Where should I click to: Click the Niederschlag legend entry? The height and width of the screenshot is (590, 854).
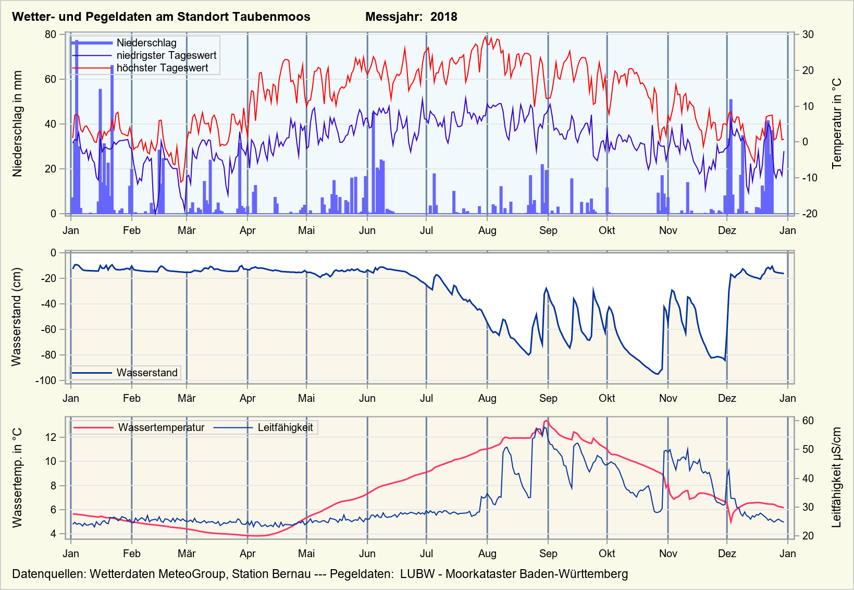[146, 43]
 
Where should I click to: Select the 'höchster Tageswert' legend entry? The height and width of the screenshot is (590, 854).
[162, 68]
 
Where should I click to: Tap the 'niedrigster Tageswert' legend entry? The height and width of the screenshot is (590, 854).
[166, 56]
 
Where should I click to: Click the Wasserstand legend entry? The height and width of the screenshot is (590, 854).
[147, 373]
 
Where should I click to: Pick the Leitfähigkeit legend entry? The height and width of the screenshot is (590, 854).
[285, 428]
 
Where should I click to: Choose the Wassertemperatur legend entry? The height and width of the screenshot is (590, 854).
[161, 428]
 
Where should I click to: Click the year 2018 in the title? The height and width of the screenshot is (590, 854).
[444, 17]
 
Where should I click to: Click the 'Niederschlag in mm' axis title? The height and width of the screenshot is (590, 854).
[18, 124]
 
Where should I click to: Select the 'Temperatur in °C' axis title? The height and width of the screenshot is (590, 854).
[837, 124]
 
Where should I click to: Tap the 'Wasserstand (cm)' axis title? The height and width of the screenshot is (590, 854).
[17, 317]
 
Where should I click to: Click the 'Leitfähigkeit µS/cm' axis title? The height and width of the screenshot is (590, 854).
[837, 477]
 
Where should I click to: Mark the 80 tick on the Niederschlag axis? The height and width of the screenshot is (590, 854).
[51, 34]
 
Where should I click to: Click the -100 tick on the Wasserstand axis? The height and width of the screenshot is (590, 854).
[46, 380]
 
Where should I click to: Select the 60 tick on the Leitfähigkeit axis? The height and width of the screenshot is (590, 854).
[808, 421]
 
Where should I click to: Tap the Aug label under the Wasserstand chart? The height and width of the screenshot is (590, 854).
[487, 399]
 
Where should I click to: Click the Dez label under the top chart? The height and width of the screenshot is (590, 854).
[727, 231]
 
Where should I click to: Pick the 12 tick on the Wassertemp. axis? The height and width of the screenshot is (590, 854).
[51, 437]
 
